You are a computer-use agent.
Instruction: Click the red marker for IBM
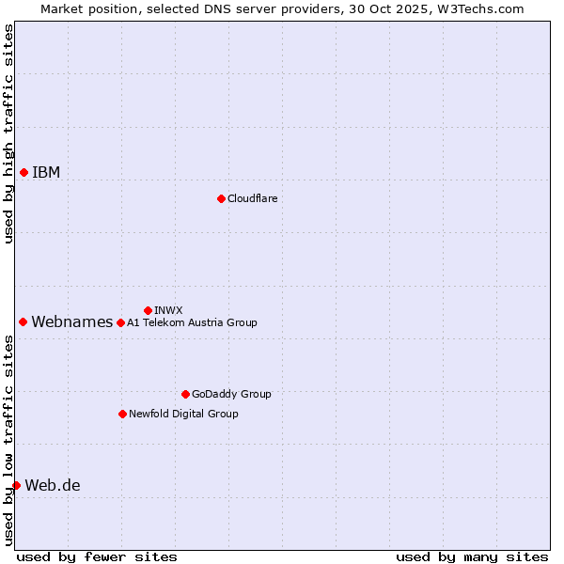click(23, 172)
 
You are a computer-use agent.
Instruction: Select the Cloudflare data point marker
click(221, 198)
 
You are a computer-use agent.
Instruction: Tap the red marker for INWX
click(148, 310)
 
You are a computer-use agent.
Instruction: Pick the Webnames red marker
click(23, 321)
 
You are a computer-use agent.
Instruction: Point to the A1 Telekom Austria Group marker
click(120, 322)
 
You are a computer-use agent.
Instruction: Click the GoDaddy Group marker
click(185, 394)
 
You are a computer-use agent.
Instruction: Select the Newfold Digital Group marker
click(122, 414)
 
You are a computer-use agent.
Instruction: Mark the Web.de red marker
click(16, 485)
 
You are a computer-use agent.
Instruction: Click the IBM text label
click(46, 172)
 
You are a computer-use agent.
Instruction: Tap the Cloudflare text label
click(252, 198)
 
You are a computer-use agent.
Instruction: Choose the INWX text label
click(168, 310)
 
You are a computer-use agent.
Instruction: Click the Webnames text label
click(71, 321)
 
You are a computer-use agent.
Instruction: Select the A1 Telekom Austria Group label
click(192, 322)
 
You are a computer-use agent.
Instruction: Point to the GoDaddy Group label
click(231, 394)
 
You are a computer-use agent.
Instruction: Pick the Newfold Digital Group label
click(183, 414)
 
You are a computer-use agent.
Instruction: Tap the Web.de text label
click(53, 485)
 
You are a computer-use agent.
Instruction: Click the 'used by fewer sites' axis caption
click(97, 556)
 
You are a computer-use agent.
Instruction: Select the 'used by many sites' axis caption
click(472, 556)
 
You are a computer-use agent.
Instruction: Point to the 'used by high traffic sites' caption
click(8, 133)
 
